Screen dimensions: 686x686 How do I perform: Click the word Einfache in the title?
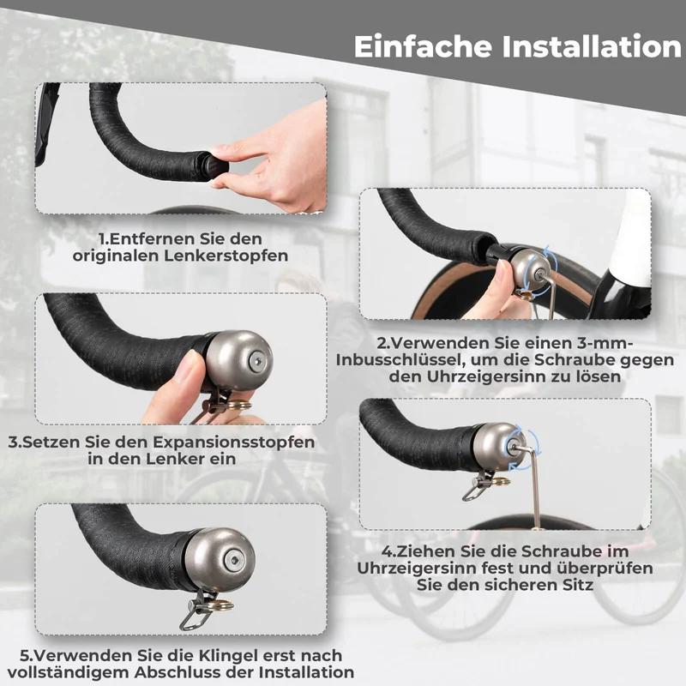[423, 46]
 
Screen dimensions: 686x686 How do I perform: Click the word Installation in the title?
[592, 46]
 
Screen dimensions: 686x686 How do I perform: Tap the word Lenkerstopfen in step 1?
[226, 256]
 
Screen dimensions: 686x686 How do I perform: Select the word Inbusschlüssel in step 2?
[397, 360]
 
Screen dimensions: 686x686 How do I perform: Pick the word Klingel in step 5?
[228, 655]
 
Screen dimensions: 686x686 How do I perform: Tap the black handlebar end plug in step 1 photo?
[214, 166]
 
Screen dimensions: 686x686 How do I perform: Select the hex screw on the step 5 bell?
[234, 561]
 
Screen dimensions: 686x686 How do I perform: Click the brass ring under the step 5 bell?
[220, 606]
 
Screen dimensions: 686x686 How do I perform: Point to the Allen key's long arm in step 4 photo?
[534, 490]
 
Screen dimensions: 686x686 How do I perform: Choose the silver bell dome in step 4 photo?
[499, 447]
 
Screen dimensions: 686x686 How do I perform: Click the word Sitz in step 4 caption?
[578, 585]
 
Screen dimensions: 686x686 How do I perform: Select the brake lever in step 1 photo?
[46, 123]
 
